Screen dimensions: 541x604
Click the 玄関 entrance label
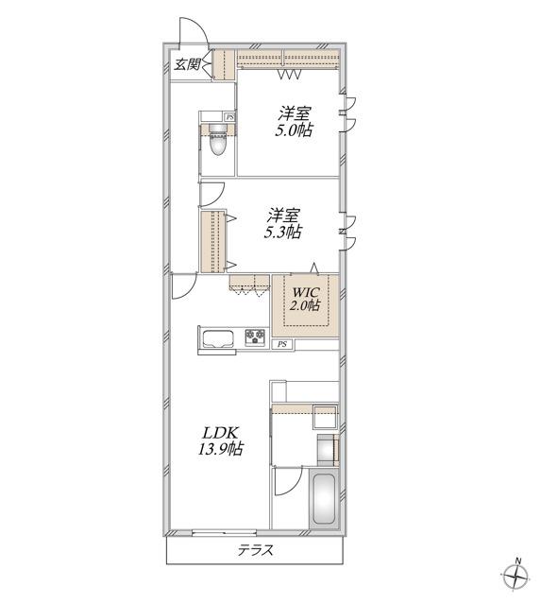187,64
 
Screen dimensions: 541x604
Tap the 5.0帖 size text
294,130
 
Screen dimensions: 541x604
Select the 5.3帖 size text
283,232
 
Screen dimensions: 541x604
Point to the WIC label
306,291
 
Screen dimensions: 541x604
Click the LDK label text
221,433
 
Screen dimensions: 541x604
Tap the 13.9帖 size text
221,449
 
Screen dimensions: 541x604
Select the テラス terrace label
255,550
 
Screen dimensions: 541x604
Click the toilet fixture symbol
218,140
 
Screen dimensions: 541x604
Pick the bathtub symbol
324,499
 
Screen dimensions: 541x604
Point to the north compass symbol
516,578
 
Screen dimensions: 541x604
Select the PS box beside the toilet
229,116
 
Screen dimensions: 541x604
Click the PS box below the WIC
282,345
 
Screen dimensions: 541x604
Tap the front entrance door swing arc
200,27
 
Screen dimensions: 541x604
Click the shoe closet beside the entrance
223,64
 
